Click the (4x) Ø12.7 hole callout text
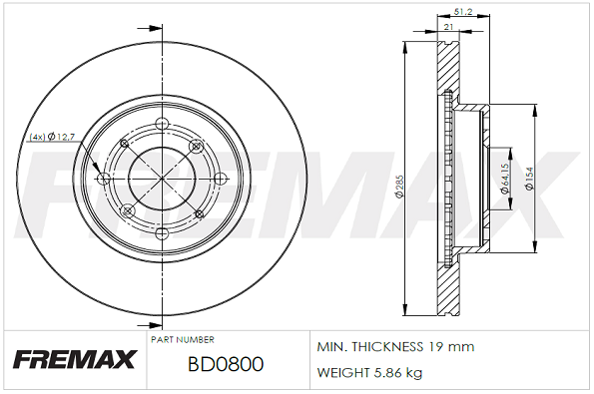tap(53, 136)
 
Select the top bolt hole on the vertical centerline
tap(162, 124)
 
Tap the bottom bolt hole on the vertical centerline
tap(162, 232)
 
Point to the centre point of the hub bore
tap(162, 178)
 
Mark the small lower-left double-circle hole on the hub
tap(127, 210)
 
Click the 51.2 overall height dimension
tap(462, 13)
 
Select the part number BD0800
tap(225, 364)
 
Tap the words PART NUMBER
tap(183, 339)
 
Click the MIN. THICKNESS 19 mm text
tap(395, 347)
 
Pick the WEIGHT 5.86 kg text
tap(368, 373)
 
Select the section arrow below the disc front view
tap(150, 324)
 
